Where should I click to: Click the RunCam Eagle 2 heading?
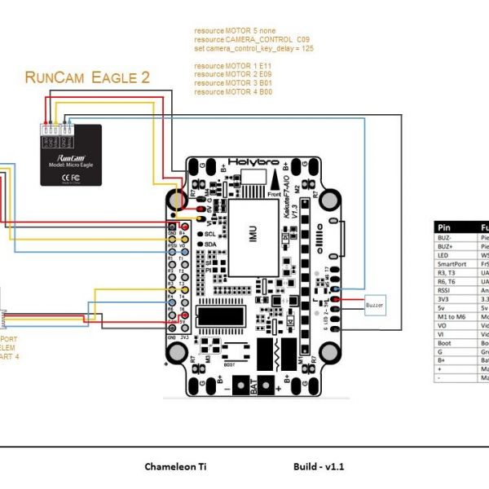click(87, 78)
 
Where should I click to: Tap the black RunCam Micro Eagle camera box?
click(72, 155)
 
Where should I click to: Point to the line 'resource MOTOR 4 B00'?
click(232, 91)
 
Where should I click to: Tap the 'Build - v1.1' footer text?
click(319, 467)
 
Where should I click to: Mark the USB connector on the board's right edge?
click(346, 237)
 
